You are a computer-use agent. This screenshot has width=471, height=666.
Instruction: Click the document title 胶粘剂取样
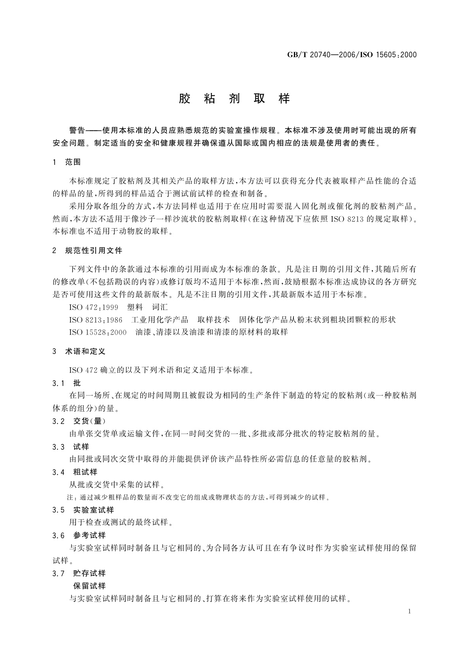(x=235, y=99)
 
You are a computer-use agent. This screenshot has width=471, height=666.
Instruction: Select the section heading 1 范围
(x=67, y=162)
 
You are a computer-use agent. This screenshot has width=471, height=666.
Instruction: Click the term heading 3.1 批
(x=66, y=383)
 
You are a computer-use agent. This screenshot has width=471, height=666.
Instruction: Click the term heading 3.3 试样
(x=71, y=447)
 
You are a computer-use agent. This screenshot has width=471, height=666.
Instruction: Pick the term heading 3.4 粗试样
(x=75, y=472)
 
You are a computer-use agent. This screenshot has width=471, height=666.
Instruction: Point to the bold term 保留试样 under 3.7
(x=89, y=586)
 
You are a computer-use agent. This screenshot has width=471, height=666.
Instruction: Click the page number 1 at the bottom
(x=409, y=611)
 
